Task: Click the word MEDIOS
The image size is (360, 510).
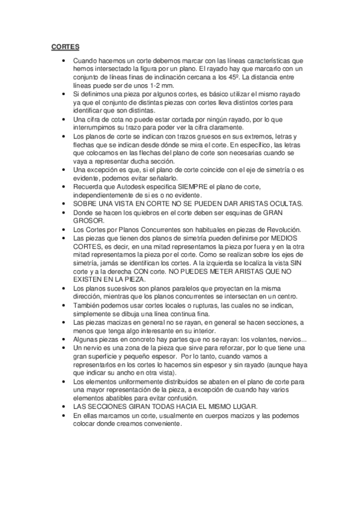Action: tap(291, 238)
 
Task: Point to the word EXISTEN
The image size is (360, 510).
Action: tap(88, 280)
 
